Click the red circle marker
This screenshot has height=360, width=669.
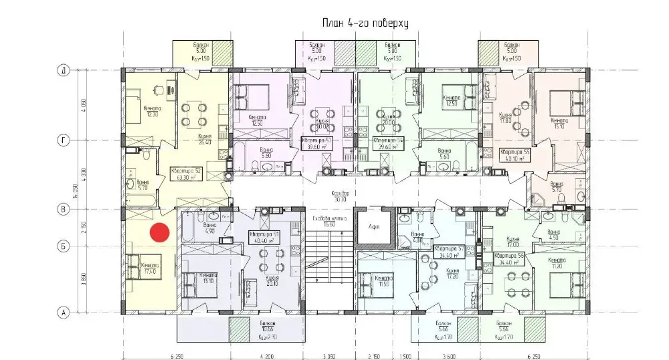pyautogui.click(x=159, y=232)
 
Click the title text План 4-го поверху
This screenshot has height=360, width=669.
pyautogui.click(x=365, y=23)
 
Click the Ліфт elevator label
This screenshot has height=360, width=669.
pyautogui.click(x=375, y=227)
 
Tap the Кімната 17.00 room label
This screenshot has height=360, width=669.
pyautogui.click(x=149, y=269)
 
